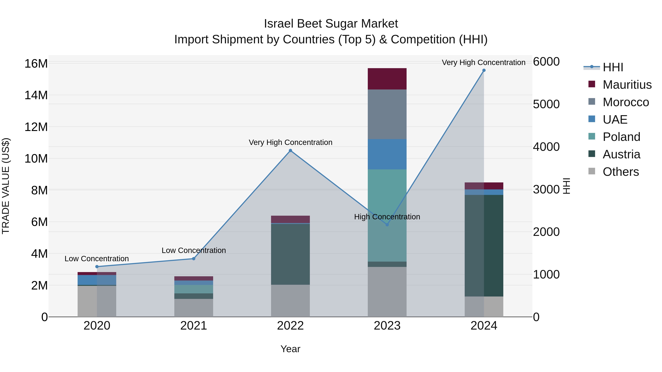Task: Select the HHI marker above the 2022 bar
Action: click(x=290, y=151)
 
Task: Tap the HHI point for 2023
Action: click(x=387, y=225)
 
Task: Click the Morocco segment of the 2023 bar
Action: click(x=387, y=114)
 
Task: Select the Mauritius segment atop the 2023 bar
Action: click(x=387, y=79)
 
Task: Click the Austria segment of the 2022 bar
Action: click(x=290, y=254)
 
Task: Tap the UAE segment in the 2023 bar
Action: click(x=387, y=154)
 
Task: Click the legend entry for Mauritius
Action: click(x=627, y=85)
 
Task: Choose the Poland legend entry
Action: click(x=621, y=137)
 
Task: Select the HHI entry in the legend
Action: click(x=613, y=67)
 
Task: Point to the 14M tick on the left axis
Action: click(x=36, y=95)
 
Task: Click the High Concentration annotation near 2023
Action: click(x=387, y=217)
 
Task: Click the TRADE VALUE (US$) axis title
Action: click(x=6, y=186)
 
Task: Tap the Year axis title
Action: click(x=290, y=349)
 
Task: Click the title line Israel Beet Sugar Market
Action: click(x=331, y=24)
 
